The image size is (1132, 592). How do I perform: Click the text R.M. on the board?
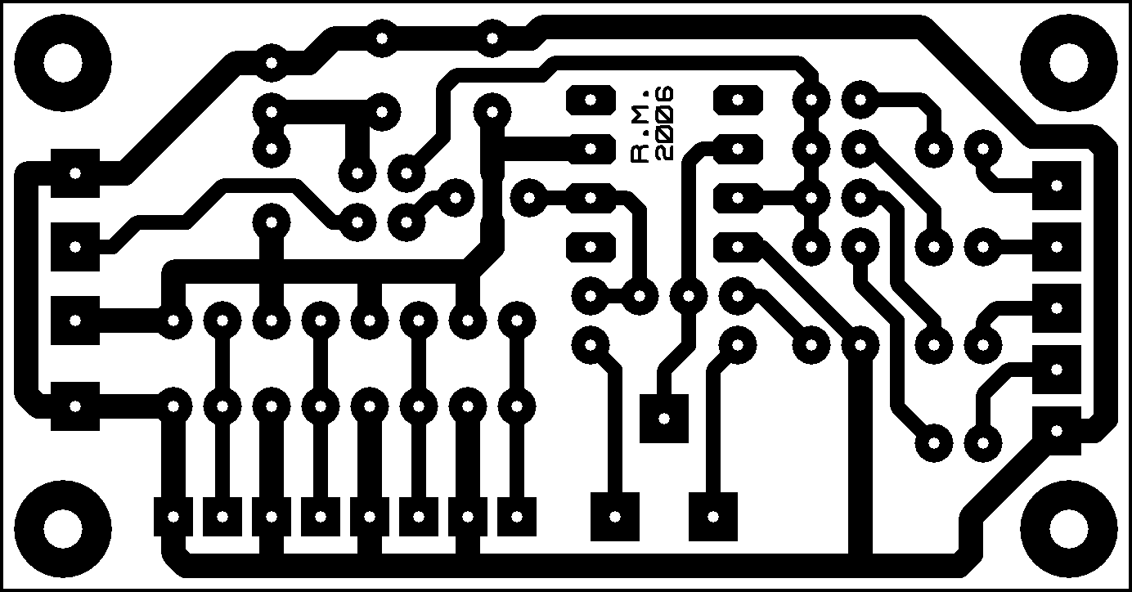pyautogui.click(x=640, y=126)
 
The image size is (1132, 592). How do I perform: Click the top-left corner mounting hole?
pyautogui.click(x=63, y=63)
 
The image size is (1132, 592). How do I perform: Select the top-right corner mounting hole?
pyautogui.click(x=1068, y=63)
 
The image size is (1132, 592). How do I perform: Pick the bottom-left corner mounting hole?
pyautogui.click(x=63, y=528)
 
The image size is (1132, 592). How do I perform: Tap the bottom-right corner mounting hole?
pyautogui.click(x=1068, y=528)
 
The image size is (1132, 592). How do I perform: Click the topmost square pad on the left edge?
pyautogui.click(x=75, y=173)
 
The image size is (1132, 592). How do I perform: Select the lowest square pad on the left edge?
pyautogui.click(x=75, y=406)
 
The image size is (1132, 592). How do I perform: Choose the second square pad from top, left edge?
pyautogui.click(x=75, y=247)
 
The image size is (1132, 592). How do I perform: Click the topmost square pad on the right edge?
pyautogui.click(x=1056, y=186)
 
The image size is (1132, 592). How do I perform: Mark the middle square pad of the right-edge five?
pyautogui.click(x=1056, y=308)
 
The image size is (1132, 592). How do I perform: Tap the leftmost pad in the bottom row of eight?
pyautogui.click(x=173, y=517)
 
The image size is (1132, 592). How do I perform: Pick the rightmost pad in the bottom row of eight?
pyautogui.click(x=516, y=517)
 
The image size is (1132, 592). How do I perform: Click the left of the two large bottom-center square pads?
pyautogui.click(x=615, y=517)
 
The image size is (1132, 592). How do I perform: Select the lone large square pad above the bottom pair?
pyautogui.click(x=664, y=418)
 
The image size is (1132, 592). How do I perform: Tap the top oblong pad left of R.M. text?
pyautogui.click(x=591, y=100)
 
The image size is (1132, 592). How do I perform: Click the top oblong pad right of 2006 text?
pyautogui.click(x=738, y=100)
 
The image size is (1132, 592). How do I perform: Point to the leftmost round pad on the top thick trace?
pyautogui.click(x=272, y=63)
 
